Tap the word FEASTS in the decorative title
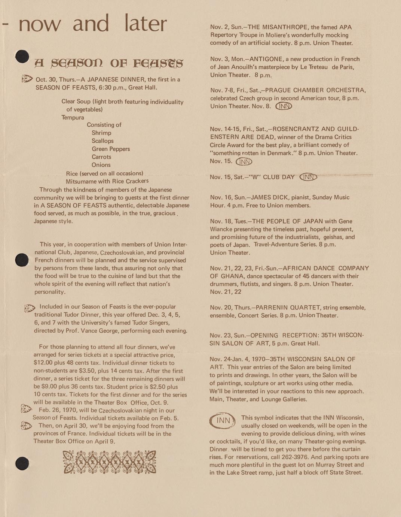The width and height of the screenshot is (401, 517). point(157,63)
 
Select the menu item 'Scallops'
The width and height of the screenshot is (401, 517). point(102,141)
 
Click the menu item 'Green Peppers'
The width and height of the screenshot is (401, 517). point(111,149)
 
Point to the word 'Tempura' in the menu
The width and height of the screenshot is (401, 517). point(73,117)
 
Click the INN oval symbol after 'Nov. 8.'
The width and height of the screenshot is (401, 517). point(284,106)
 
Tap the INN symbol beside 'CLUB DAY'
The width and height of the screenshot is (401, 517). point(308,177)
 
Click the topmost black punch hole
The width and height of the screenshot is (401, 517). point(22,56)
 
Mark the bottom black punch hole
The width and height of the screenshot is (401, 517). point(22,463)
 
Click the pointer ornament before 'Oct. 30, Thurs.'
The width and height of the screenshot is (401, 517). point(27,79)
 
